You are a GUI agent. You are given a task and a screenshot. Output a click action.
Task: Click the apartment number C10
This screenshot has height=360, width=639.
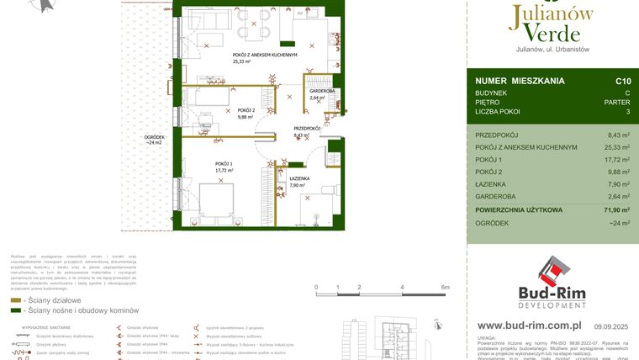click(623, 82)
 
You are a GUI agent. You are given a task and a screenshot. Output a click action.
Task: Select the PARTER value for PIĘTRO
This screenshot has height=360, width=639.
click(615, 102)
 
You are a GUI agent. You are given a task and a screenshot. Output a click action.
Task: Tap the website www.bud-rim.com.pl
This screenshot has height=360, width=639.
click(531, 325)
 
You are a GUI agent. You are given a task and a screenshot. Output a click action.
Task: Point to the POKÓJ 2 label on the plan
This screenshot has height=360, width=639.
click(246, 110)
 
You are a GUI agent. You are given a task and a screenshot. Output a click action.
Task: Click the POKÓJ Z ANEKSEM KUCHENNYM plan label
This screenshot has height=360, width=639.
click(266, 55)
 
